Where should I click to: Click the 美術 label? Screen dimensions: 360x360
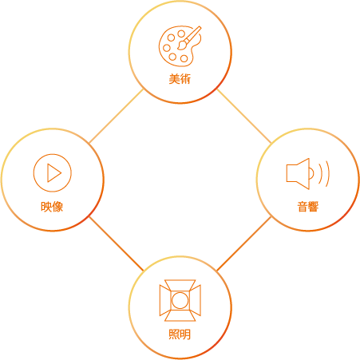(x=180, y=79)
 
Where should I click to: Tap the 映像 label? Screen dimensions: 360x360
(x=52, y=207)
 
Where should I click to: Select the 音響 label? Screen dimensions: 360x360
(x=308, y=207)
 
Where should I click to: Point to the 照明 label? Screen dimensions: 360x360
(x=180, y=334)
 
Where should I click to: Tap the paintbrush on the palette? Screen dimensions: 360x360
(x=189, y=38)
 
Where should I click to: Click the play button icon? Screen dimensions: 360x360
(x=53, y=172)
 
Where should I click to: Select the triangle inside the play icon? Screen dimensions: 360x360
(x=54, y=173)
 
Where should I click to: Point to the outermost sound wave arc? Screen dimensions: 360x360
(x=328, y=174)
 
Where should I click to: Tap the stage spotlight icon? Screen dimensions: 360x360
(x=180, y=300)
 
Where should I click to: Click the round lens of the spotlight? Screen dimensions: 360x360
(x=180, y=300)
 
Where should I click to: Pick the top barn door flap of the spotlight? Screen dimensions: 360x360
(x=180, y=285)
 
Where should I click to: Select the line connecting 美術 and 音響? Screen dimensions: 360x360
(x=244, y=117)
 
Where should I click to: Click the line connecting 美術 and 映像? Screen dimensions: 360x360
(x=117, y=116)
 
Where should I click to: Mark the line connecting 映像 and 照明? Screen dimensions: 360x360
(x=117, y=243)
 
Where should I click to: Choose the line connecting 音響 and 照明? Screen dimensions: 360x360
(x=244, y=243)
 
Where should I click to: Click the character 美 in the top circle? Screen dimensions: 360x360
(x=174, y=79)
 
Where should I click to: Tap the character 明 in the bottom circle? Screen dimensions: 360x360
(x=186, y=334)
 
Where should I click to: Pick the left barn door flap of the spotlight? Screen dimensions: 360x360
(x=164, y=300)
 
